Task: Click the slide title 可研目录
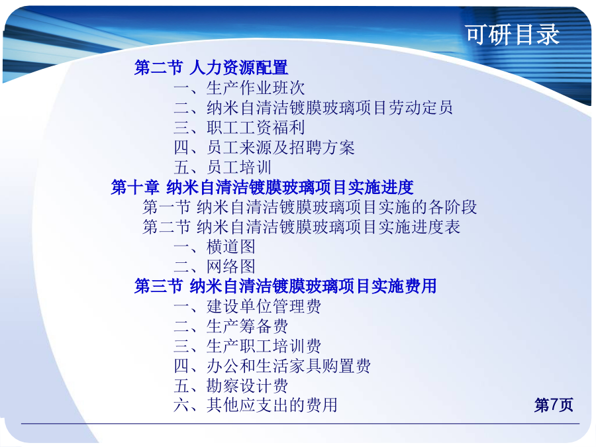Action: coord(513,34)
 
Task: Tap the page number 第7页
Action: coord(554,405)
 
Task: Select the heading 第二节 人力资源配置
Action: coord(211,68)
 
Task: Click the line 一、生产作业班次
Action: coord(239,88)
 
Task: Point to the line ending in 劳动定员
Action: coord(313,107)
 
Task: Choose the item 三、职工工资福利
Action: coord(239,127)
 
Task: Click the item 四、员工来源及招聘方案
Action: coord(264,148)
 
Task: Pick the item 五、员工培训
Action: coord(223,168)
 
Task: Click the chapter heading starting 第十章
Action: coord(262,187)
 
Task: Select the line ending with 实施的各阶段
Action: coord(309,207)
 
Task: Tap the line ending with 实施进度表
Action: coord(301,227)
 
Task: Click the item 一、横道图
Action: coord(215,247)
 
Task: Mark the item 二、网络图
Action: coord(215,266)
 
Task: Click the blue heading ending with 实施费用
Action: coord(285,286)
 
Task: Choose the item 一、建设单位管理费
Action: coord(248,307)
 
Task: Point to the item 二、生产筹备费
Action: coord(231,326)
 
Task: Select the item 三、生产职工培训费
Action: coord(248,346)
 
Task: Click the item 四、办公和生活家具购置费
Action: coord(272,366)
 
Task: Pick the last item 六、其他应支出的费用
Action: coord(256,405)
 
